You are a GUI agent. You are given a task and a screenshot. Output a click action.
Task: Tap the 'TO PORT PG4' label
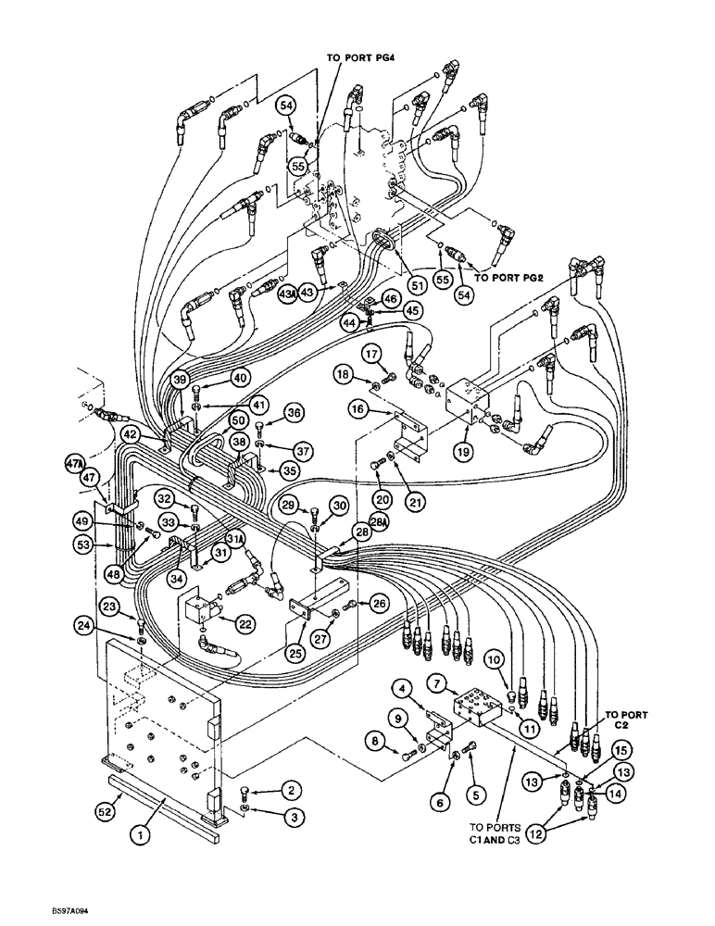click(x=361, y=56)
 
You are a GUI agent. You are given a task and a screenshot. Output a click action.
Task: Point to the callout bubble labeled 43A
click(x=287, y=293)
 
